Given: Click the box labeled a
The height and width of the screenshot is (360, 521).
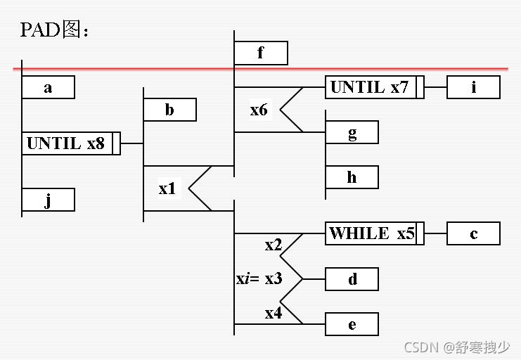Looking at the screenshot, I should click(48, 88).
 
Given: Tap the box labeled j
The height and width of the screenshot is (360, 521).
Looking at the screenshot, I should click(48, 200).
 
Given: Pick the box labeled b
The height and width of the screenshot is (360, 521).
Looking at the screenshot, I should click(169, 110).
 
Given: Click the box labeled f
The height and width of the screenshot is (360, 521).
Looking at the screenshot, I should click(260, 53).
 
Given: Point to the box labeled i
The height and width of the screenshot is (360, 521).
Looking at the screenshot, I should click(473, 87).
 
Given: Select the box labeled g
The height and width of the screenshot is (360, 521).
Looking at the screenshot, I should click(352, 132).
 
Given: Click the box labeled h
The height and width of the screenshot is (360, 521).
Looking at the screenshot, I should click(352, 177).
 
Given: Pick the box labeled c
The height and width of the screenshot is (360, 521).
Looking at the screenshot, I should click(473, 233).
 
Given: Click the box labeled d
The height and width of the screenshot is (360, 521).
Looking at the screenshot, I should click(352, 279).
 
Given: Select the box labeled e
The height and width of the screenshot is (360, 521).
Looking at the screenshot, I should click(352, 324).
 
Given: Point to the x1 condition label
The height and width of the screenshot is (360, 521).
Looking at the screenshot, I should click(167, 188).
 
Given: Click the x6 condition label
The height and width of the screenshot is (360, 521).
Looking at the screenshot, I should click(259, 110).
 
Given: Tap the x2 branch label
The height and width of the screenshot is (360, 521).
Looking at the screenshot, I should click(274, 245).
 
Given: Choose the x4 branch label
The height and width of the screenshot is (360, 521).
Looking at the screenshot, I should click(274, 313).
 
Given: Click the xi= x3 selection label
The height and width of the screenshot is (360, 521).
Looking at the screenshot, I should click(259, 278).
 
